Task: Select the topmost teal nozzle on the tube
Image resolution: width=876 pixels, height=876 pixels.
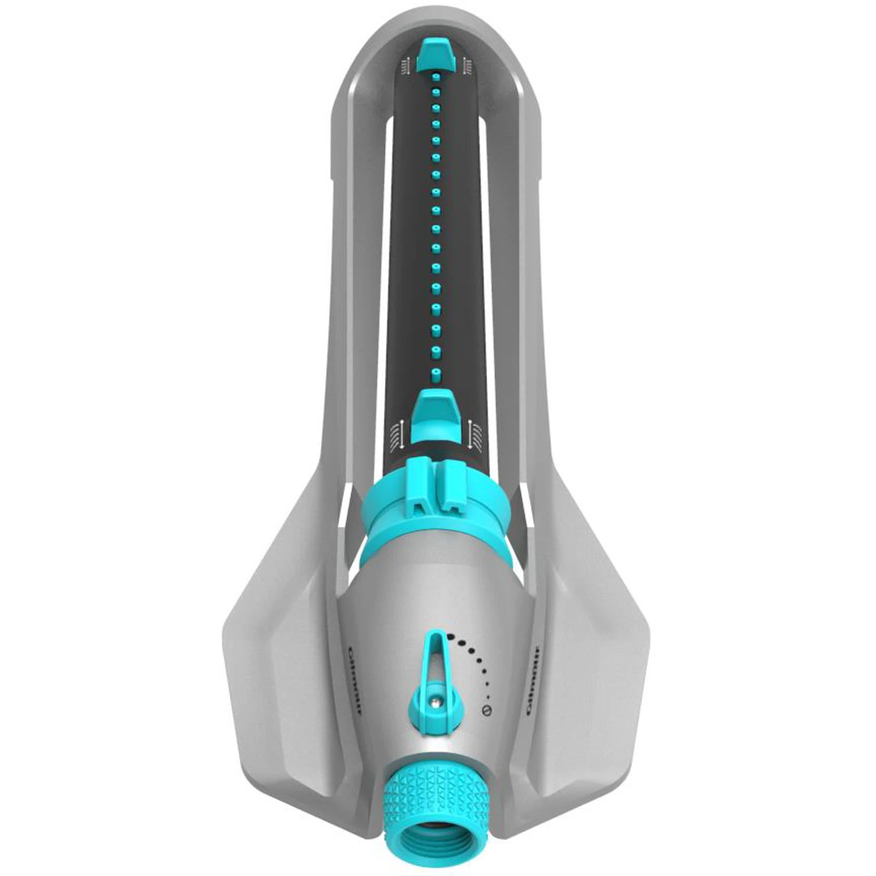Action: click(435, 77)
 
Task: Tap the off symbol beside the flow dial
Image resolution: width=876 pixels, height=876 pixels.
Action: click(486, 710)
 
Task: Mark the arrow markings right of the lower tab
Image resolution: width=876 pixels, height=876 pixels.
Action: click(474, 435)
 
